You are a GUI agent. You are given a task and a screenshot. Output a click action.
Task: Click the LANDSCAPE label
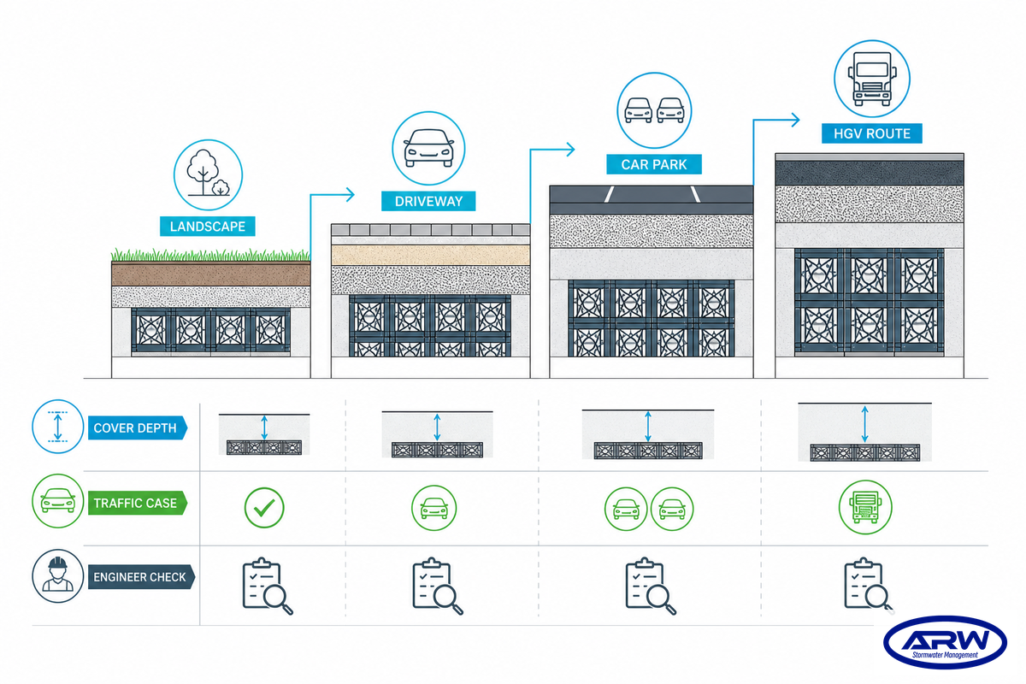(x=208, y=227)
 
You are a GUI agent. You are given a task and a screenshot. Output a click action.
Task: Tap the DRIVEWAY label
(x=428, y=201)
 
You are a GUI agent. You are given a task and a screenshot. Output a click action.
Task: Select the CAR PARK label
(x=653, y=164)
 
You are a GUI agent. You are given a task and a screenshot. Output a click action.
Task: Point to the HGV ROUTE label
(x=871, y=133)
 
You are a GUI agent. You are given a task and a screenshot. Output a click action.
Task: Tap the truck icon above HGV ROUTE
(x=871, y=79)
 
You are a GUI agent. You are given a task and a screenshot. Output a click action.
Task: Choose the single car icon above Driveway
(x=428, y=148)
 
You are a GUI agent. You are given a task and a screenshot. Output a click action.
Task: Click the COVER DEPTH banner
(x=138, y=427)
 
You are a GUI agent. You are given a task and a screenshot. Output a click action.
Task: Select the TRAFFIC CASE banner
(x=138, y=503)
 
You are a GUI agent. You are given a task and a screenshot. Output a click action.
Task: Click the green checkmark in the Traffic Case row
(x=264, y=508)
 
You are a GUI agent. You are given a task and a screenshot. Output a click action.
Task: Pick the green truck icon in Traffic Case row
(x=865, y=507)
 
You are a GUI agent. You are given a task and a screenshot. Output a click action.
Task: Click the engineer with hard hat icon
(x=58, y=576)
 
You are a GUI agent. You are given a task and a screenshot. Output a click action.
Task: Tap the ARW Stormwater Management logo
(x=945, y=641)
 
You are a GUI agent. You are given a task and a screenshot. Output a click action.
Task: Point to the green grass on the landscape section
(x=210, y=255)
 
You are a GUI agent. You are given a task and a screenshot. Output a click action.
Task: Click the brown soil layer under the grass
(x=210, y=274)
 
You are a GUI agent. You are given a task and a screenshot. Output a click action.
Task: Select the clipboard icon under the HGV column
(x=869, y=586)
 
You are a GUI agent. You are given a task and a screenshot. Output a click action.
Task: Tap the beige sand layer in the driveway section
(x=431, y=255)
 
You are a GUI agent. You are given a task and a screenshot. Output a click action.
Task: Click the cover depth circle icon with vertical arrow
(x=58, y=427)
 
